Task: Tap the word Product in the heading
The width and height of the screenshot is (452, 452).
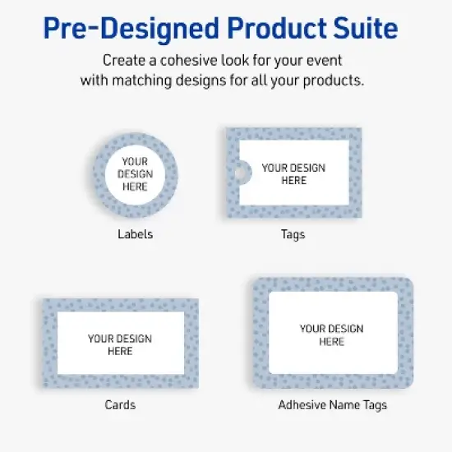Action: [x=267, y=29]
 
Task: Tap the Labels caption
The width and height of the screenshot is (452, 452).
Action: [x=135, y=234]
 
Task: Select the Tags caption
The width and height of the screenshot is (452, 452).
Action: [x=293, y=234]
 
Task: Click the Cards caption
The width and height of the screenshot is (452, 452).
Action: [x=120, y=404]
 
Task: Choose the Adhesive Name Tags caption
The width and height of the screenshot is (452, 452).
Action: [x=332, y=404]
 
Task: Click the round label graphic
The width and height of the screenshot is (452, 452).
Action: [x=135, y=175]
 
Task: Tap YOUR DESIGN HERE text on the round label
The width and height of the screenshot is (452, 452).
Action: [x=135, y=174]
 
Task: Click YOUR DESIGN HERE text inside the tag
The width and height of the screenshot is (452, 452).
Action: [x=293, y=173]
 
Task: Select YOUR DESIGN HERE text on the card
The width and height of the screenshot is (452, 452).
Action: [x=120, y=344]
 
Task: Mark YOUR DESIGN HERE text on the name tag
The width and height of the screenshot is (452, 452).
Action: [x=332, y=334]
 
